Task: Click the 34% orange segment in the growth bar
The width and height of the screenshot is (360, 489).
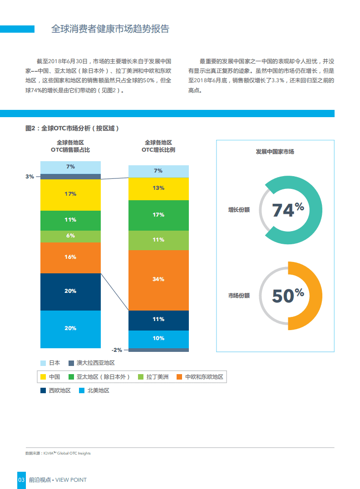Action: pyautogui.click(x=158, y=280)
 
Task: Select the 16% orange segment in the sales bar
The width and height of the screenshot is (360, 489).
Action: pyautogui.click(x=70, y=257)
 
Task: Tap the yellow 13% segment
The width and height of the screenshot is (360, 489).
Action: pyautogui.click(x=158, y=188)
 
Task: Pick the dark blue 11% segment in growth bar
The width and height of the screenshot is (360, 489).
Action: pyautogui.click(x=158, y=320)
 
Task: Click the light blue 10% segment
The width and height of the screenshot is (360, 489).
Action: pyautogui.click(x=158, y=339)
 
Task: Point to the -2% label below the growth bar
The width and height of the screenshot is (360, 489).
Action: pyautogui.click(x=117, y=350)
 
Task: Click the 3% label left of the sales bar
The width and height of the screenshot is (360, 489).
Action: pyautogui.click(x=30, y=177)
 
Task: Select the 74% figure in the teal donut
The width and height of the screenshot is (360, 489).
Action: pyautogui.click(x=288, y=210)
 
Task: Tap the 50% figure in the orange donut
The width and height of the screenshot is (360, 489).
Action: pyautogui.click(x=288, y=295)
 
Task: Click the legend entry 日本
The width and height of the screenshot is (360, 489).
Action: pyautogui.click(x=54, y=363)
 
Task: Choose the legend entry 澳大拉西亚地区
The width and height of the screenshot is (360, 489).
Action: pyautogui.click(x=95, y=363)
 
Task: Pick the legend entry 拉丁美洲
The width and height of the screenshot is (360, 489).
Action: pyautogui.click(x=157, y=377)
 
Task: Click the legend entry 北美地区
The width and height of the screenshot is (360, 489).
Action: pyautogui.click(x=98, y=390)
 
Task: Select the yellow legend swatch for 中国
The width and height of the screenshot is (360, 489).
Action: pyautogui.click(x=44, y=377)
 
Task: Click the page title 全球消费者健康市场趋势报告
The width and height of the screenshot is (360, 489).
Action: pyautogui.click(x=110, y=29)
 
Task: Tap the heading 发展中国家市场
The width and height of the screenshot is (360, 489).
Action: pyautogui.click(x=275, y=152)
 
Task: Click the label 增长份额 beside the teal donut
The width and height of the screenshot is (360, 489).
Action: pyautogui.click(x=239, y=210)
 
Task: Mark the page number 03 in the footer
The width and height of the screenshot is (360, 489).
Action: pyautogui.click(x=21, y=480)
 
